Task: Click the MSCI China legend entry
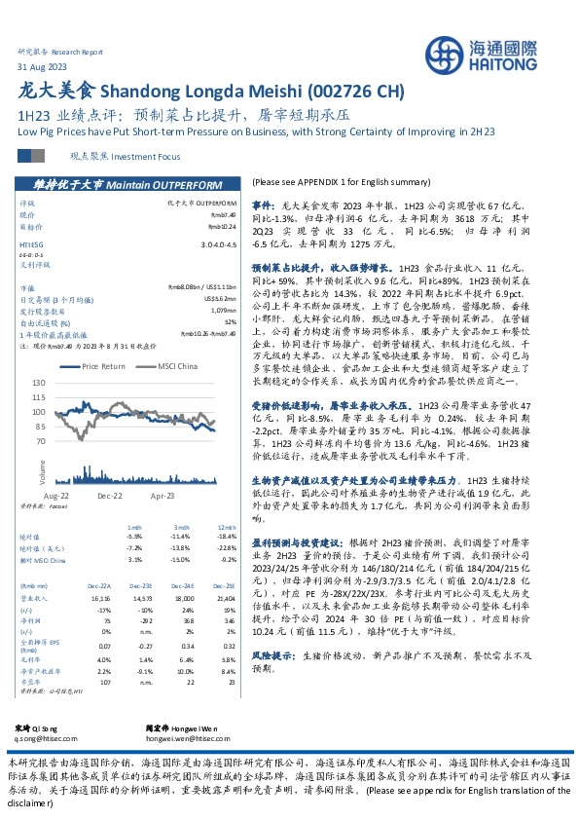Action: pos(175,366)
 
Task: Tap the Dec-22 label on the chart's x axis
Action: pos(108,496)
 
